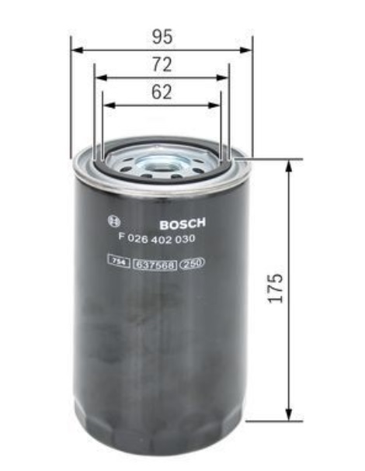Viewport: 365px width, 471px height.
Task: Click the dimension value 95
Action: pos(162,36)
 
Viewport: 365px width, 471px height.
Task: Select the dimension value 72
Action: pos(162,64)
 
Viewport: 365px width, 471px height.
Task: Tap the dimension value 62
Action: pos(162,92)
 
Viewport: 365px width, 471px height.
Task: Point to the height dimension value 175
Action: pos(276,288)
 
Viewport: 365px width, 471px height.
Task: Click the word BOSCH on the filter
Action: pos(182,223)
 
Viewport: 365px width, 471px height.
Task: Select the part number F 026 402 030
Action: pos(157,238)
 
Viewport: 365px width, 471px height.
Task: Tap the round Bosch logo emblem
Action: pos(114,222)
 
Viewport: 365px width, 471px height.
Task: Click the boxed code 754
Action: pos(119,261)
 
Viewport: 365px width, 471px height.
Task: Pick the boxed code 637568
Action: pos(155,265)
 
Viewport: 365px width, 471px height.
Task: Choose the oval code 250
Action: pos(192,263)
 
